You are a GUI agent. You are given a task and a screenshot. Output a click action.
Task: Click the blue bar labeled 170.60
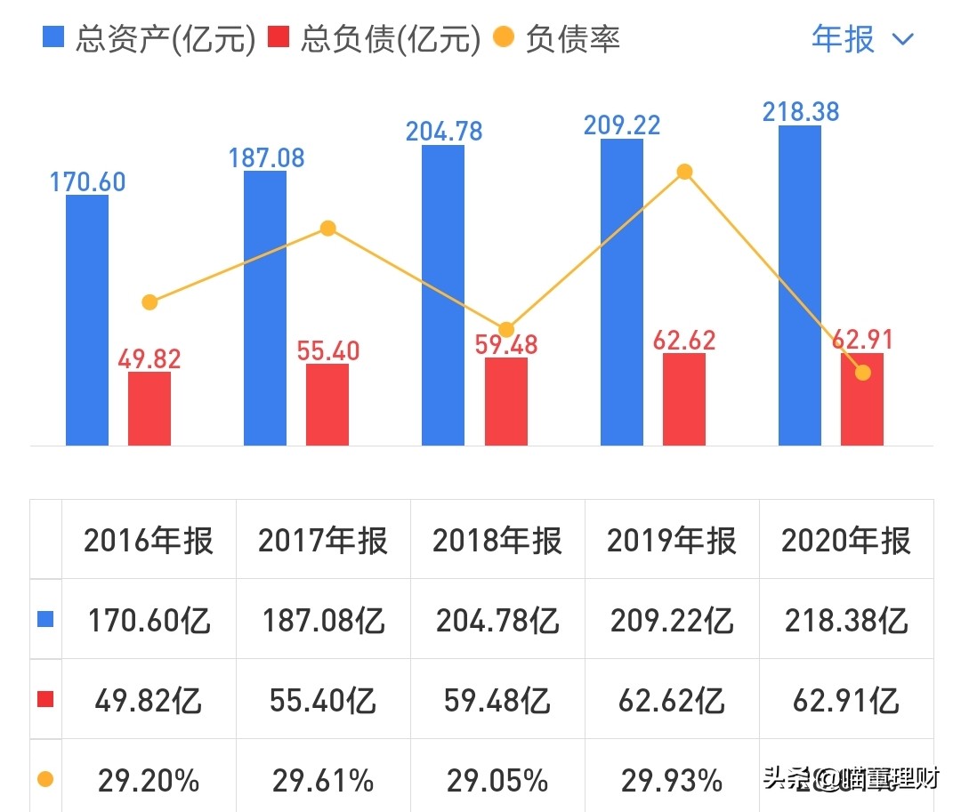(87, 320)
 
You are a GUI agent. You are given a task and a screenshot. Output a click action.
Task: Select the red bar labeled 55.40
(327, 405)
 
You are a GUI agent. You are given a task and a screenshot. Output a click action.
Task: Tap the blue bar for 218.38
(799, 285)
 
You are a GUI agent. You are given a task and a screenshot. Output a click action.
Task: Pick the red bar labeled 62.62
(683, 399)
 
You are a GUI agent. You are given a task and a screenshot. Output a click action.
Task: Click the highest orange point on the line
(683, 172)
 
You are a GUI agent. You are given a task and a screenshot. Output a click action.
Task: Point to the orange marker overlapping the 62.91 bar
(862, 372)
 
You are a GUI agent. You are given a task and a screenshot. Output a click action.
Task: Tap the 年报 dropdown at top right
(861, 39)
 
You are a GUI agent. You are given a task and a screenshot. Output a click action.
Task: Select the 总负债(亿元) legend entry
(378, 39)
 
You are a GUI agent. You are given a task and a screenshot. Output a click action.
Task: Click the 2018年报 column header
(497, 541)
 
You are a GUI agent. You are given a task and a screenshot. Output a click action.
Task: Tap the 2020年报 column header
(846, 541)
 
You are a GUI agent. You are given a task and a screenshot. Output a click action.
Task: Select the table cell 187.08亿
(323, 620)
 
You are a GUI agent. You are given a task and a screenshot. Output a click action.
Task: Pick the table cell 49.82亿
(149, 700)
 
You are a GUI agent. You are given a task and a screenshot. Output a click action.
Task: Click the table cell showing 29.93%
(672, 780)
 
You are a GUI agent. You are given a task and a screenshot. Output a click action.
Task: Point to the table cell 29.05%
(497, 780)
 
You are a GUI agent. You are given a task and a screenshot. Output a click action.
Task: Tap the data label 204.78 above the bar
(444, 132)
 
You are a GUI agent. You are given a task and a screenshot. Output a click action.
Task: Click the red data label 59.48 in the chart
(505, 344)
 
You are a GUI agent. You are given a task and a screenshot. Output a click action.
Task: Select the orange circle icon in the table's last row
(45, 780)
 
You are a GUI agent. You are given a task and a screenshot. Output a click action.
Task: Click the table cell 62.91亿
(846, 700)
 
